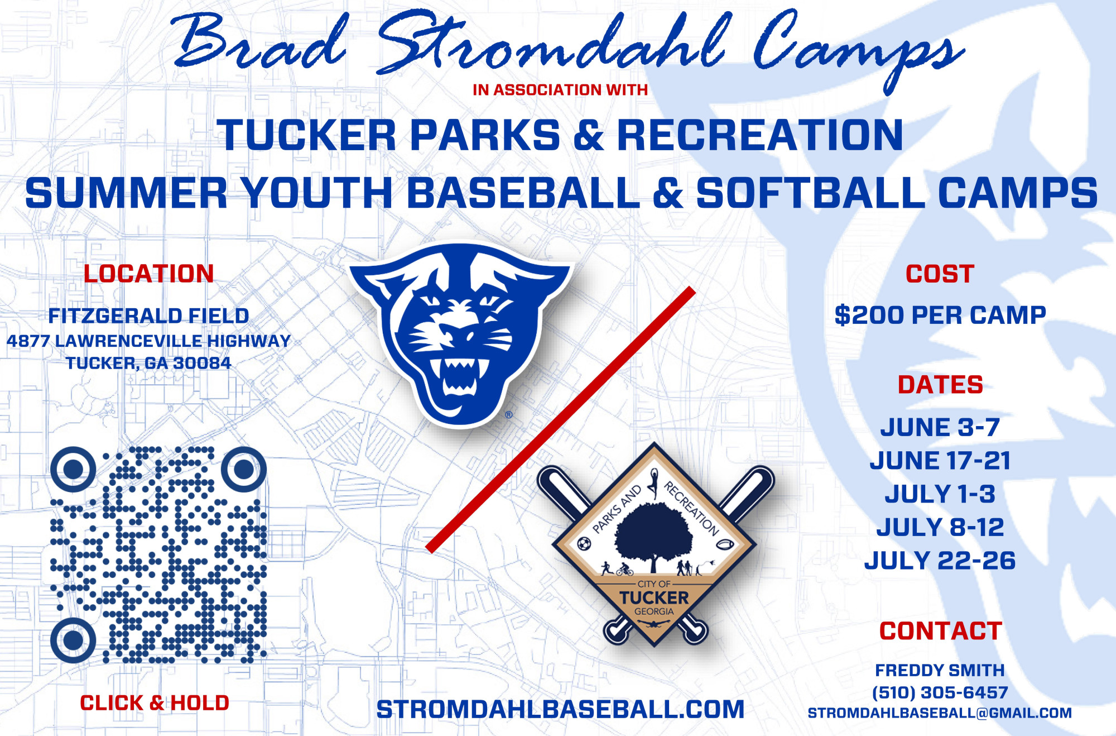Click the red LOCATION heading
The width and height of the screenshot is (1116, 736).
149,274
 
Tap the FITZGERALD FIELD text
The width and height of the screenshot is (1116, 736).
148,316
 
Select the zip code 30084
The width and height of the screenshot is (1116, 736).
202,363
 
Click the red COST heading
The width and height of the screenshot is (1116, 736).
940,274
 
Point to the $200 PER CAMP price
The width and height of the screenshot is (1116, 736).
940,316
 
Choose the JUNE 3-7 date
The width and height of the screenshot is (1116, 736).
940,427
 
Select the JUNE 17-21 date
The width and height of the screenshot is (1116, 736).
940,461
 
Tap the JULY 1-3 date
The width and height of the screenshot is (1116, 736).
940,494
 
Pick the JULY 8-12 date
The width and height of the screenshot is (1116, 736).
940,527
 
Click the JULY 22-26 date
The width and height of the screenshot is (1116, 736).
940,561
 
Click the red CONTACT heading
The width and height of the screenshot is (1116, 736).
941,631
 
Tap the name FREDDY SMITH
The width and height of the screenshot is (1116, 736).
940,670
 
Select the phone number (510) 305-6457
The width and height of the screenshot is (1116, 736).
940,692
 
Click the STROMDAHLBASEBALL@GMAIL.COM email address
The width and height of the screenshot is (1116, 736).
940,713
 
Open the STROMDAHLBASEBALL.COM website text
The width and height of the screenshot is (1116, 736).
560,710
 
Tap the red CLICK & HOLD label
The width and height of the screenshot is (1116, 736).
155,703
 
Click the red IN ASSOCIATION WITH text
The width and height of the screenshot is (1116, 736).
560,90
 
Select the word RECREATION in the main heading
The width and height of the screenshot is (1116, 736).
760,135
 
